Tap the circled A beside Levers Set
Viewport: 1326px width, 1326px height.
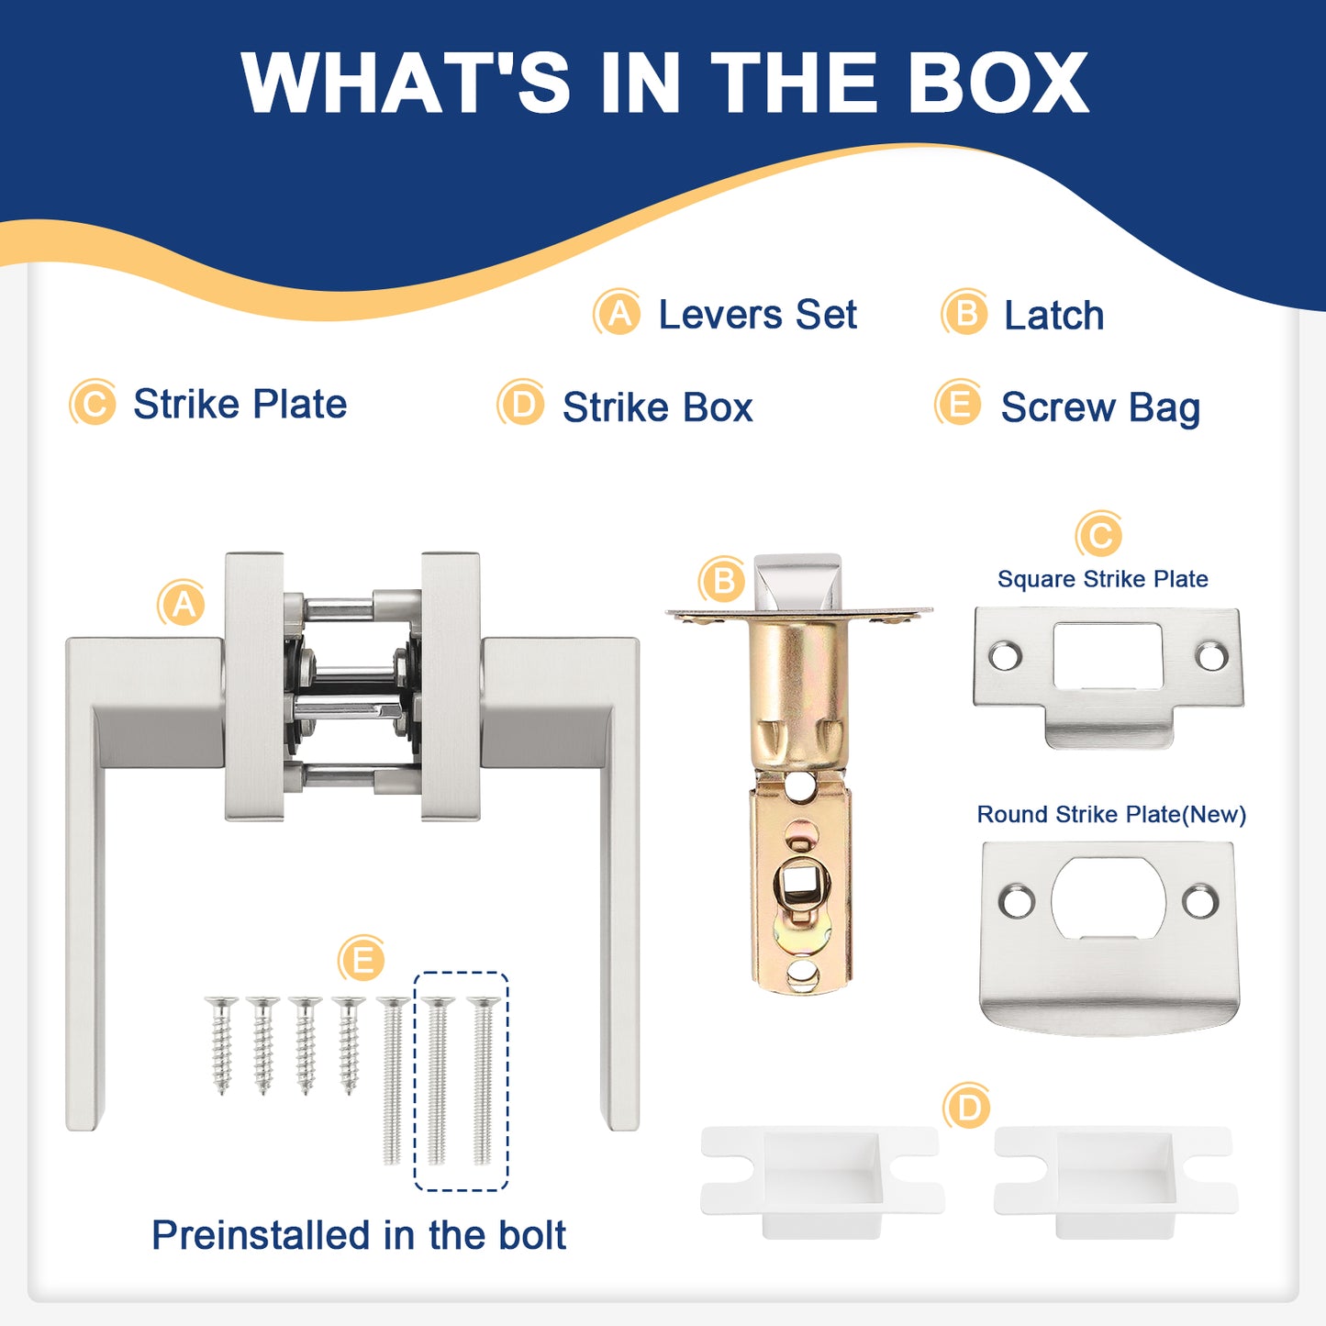[x=618, y=312]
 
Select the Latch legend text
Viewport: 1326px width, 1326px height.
[x=1054, y=315]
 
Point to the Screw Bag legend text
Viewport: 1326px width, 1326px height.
[x=1100, y=407]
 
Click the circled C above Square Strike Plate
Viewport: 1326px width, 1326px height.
[x=1099, y=534]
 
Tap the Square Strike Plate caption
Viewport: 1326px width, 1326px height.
[x=1102, y=579]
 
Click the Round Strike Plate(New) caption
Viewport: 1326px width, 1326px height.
[x=1111, y=814]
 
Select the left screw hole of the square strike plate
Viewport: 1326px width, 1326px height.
[x=1005, y=655]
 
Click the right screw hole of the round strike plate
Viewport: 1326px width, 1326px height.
[x=1201, y=900]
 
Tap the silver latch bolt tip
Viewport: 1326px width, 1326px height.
[x=798, y=582]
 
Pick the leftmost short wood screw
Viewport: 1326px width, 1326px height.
[x=221, y=1044]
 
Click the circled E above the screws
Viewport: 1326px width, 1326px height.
[x=362, y=959]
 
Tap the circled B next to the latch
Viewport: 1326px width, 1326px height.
[x=722, y=580]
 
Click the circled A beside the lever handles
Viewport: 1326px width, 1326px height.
[x=182, y=604]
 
